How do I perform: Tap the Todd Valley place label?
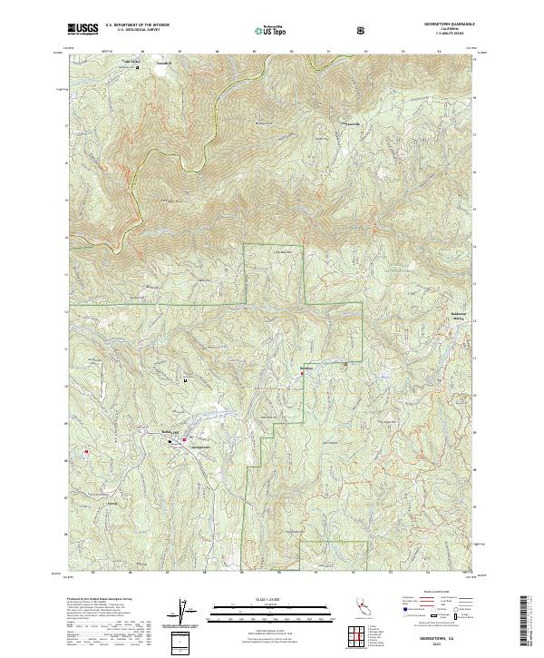133,63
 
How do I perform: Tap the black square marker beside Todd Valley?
137,67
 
